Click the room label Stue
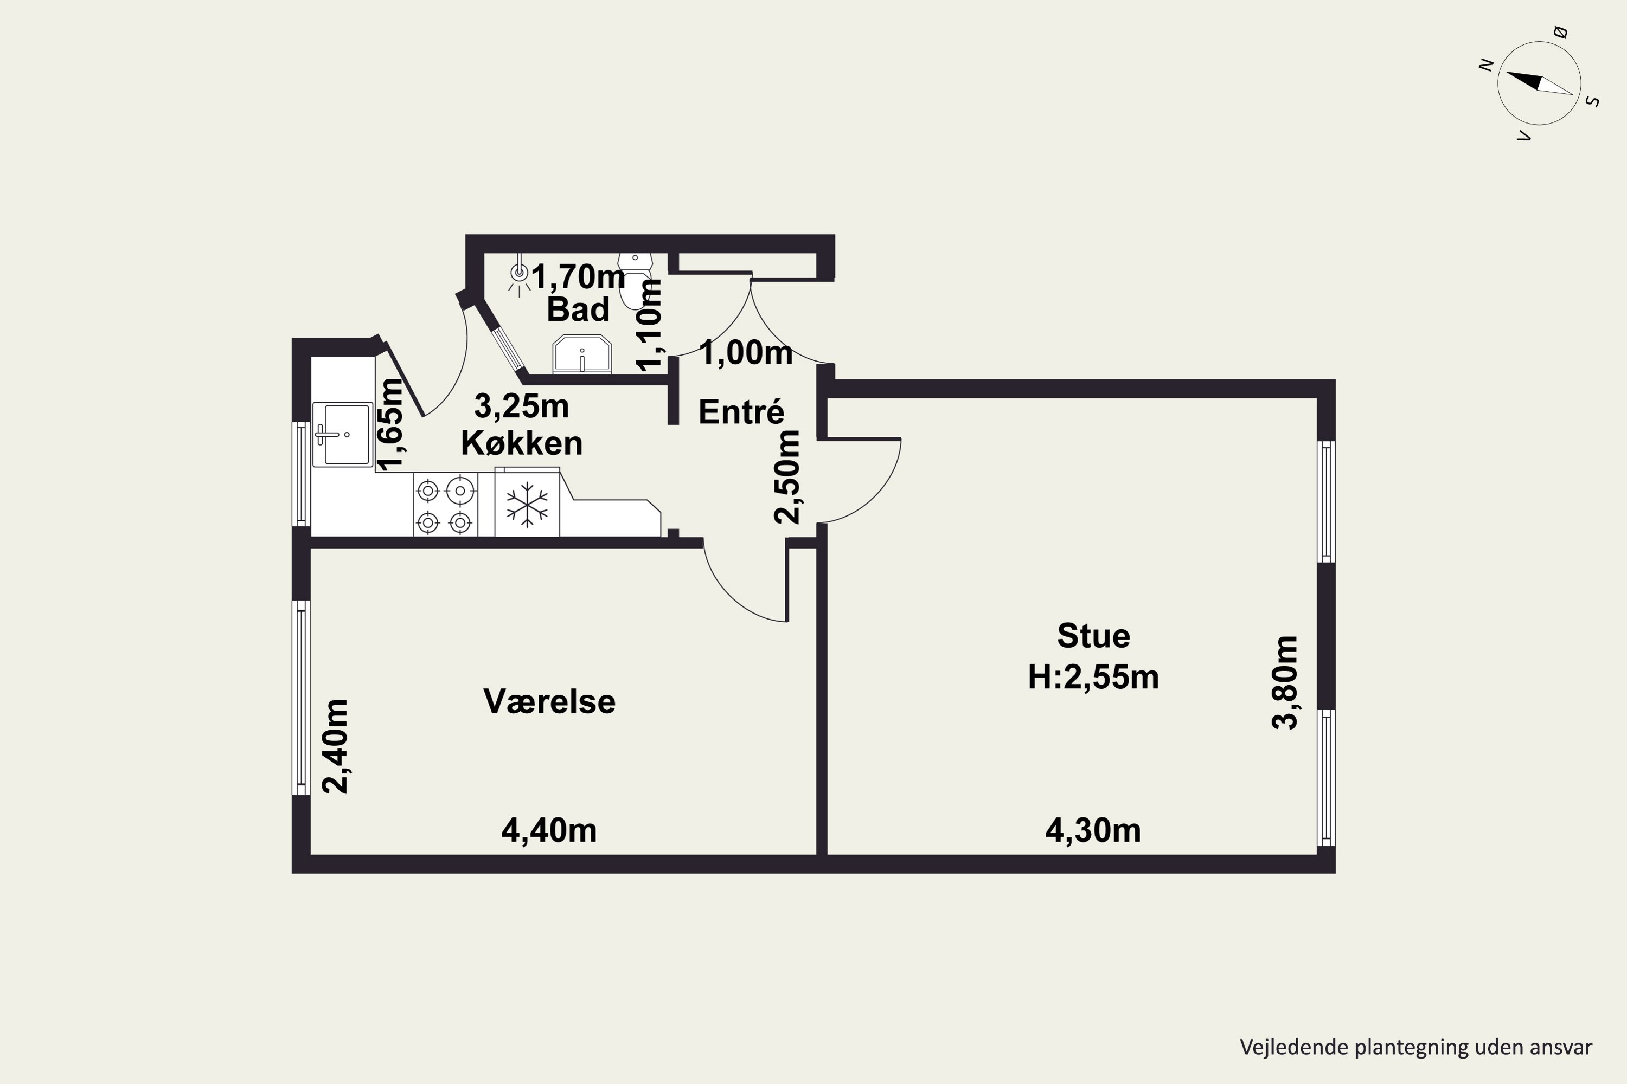point(1094,636)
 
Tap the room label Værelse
point(549,702)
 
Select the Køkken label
point(522,443)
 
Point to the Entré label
point(741,412)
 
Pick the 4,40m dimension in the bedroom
point(549,830)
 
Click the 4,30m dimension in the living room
point(1093,830)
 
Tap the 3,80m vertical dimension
point(1286,682)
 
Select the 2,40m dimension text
point(336,747)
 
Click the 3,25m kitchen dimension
point(522,406)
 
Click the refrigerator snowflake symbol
point(527,504)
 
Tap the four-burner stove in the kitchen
point(445,505)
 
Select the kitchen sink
point(342,435)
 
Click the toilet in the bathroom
point(635,279)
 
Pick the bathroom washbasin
point(582,354)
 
